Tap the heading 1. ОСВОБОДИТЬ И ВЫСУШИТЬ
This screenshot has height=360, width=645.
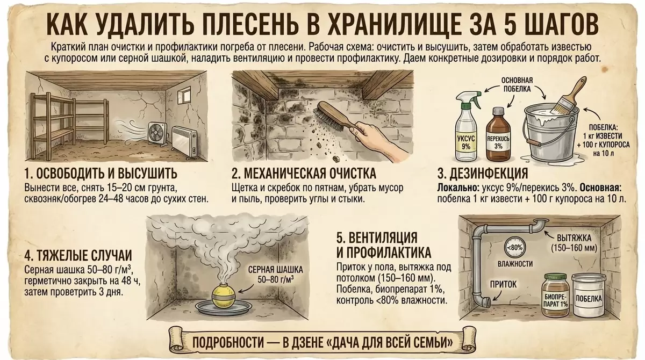[101, 174]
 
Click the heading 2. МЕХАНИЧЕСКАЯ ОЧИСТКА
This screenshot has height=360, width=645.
[304, 174]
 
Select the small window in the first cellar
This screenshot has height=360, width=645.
[184, 96]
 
